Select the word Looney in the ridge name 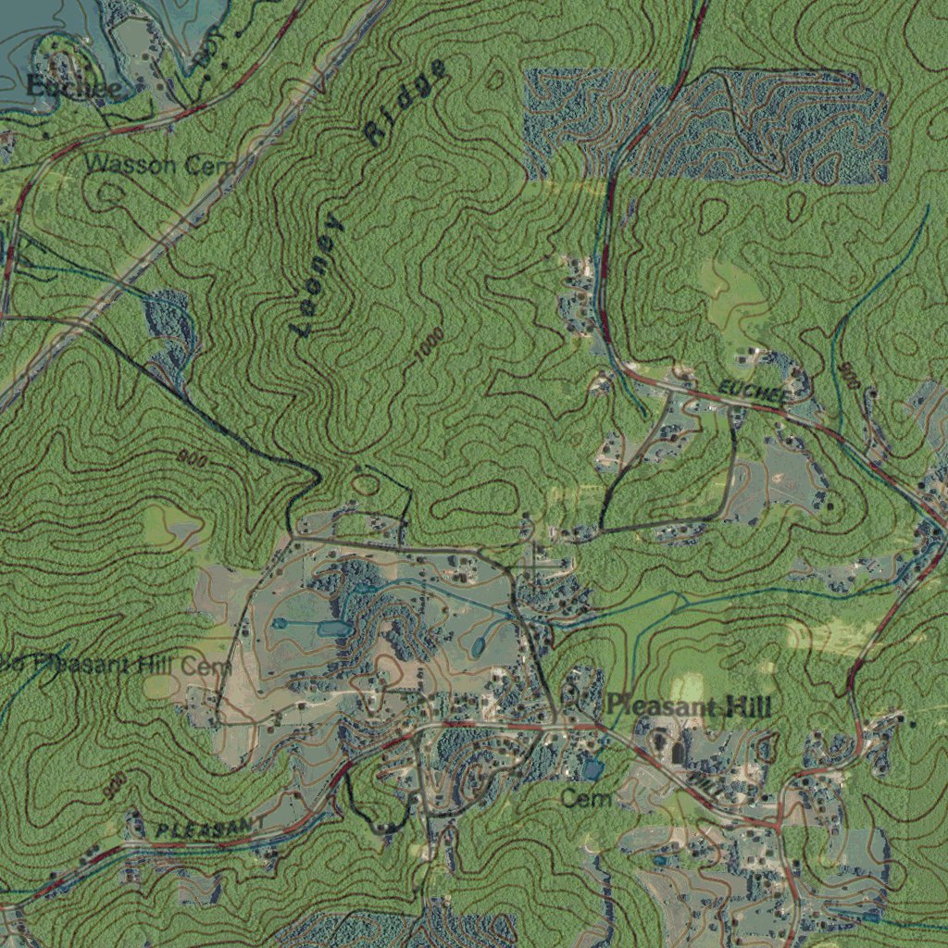click(318, 277)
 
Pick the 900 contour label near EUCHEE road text click(849, 376)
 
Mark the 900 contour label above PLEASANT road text click(116, 786)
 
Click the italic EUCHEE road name click(755, 392)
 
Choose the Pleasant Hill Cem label click(116, 665)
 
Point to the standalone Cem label click(588, 798)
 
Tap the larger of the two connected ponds click(334, 629)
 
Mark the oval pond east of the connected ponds click(479, 644)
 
